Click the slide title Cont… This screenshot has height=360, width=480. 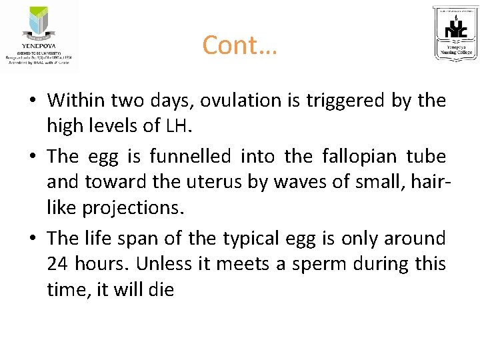point(239,45)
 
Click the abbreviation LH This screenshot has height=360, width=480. point(179,125)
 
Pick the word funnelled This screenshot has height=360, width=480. point(191,157)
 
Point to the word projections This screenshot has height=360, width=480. point(131,207)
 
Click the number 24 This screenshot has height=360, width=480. point(57,264)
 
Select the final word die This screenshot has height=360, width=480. point(161,289)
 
